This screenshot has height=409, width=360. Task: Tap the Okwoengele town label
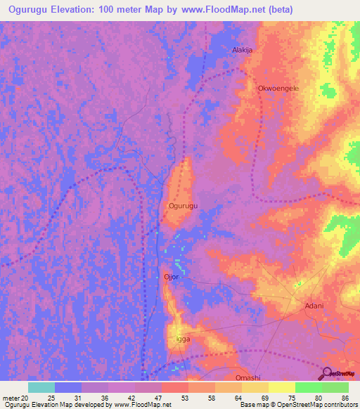(278, 89)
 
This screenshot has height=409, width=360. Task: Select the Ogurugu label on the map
(184, 206)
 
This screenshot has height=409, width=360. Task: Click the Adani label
(314, 306)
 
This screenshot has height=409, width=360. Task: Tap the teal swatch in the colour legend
(41, 387)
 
